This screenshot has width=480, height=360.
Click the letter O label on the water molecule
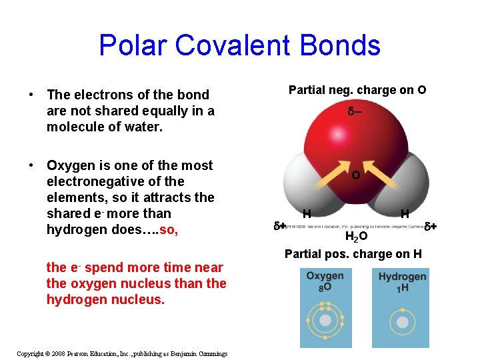(356, 175)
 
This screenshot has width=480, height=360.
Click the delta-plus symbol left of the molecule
(280, 226)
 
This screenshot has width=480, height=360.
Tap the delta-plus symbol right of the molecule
(431, 226)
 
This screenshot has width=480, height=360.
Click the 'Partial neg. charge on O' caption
(357, 90)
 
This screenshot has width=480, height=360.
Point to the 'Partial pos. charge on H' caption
(353, 253)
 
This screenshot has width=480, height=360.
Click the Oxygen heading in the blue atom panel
(325, 276)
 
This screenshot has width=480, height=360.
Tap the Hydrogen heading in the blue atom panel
(402, 276)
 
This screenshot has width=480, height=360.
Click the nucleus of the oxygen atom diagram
(325, 321)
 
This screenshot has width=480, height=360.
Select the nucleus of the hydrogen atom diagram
(403, 321)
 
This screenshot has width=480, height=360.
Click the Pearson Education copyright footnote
(122, 353)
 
